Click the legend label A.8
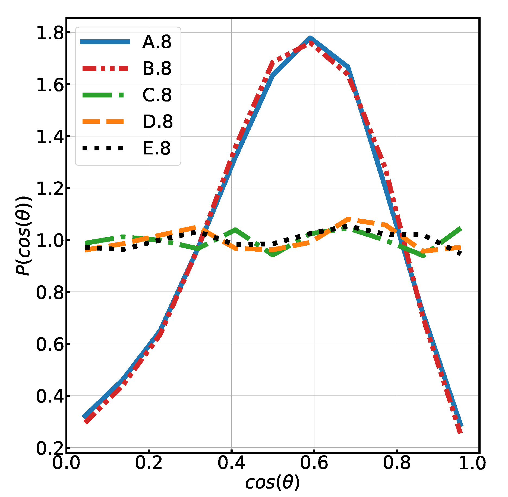coord(157,42)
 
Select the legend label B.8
coord(157,68)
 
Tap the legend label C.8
coord(157,95)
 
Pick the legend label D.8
coord(157,122)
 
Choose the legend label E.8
coord(157,148)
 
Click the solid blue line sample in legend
coord(105,42)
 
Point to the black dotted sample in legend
coord(103,148)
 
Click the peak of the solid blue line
coord(310,38)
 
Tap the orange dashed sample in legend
coord(103,122)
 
